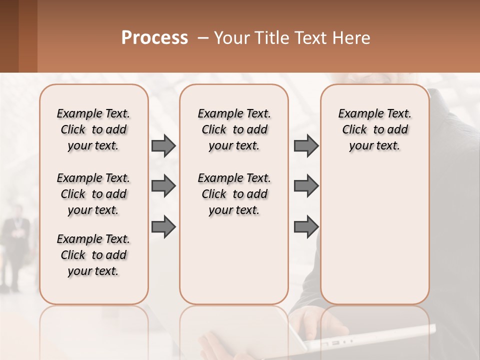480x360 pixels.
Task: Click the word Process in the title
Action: pyautogui.click(x=154, y=38)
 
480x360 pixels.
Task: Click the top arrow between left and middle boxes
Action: pyautogui.click(x=163, y=146)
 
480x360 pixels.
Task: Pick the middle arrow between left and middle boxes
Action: pyautogui.click(x=163, y=186)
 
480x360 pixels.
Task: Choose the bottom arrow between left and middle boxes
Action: pyautogui.click(x=163, y=227)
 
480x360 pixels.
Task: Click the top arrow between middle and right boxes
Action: pyautogui.click(x=306, y=146)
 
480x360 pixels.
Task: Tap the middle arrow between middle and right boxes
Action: pyautogui.click(x=306, y=186)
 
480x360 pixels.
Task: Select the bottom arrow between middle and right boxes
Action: pyautogui.click(x=306, y=227)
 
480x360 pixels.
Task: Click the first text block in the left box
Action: pyautogui.click(x=93, y=129)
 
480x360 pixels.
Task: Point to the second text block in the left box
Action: pyautogui.click(x=93, y=194)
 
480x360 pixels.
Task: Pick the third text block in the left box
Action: pyautogui.click(x=93, y=255)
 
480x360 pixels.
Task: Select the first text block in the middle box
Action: pyautogui.click(x=234, y=129)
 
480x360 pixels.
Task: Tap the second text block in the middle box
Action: pyautogui.click(x=234, y=194)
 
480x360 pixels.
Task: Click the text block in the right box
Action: pyautogui.click(x=375, y=129)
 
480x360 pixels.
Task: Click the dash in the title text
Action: pyautogui.click(x=203, y=38)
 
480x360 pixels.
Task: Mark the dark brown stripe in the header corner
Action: pyautogui.click(x=9, y=36)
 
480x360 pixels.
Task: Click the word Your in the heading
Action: pyautogui.click(x=232, y=38)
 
